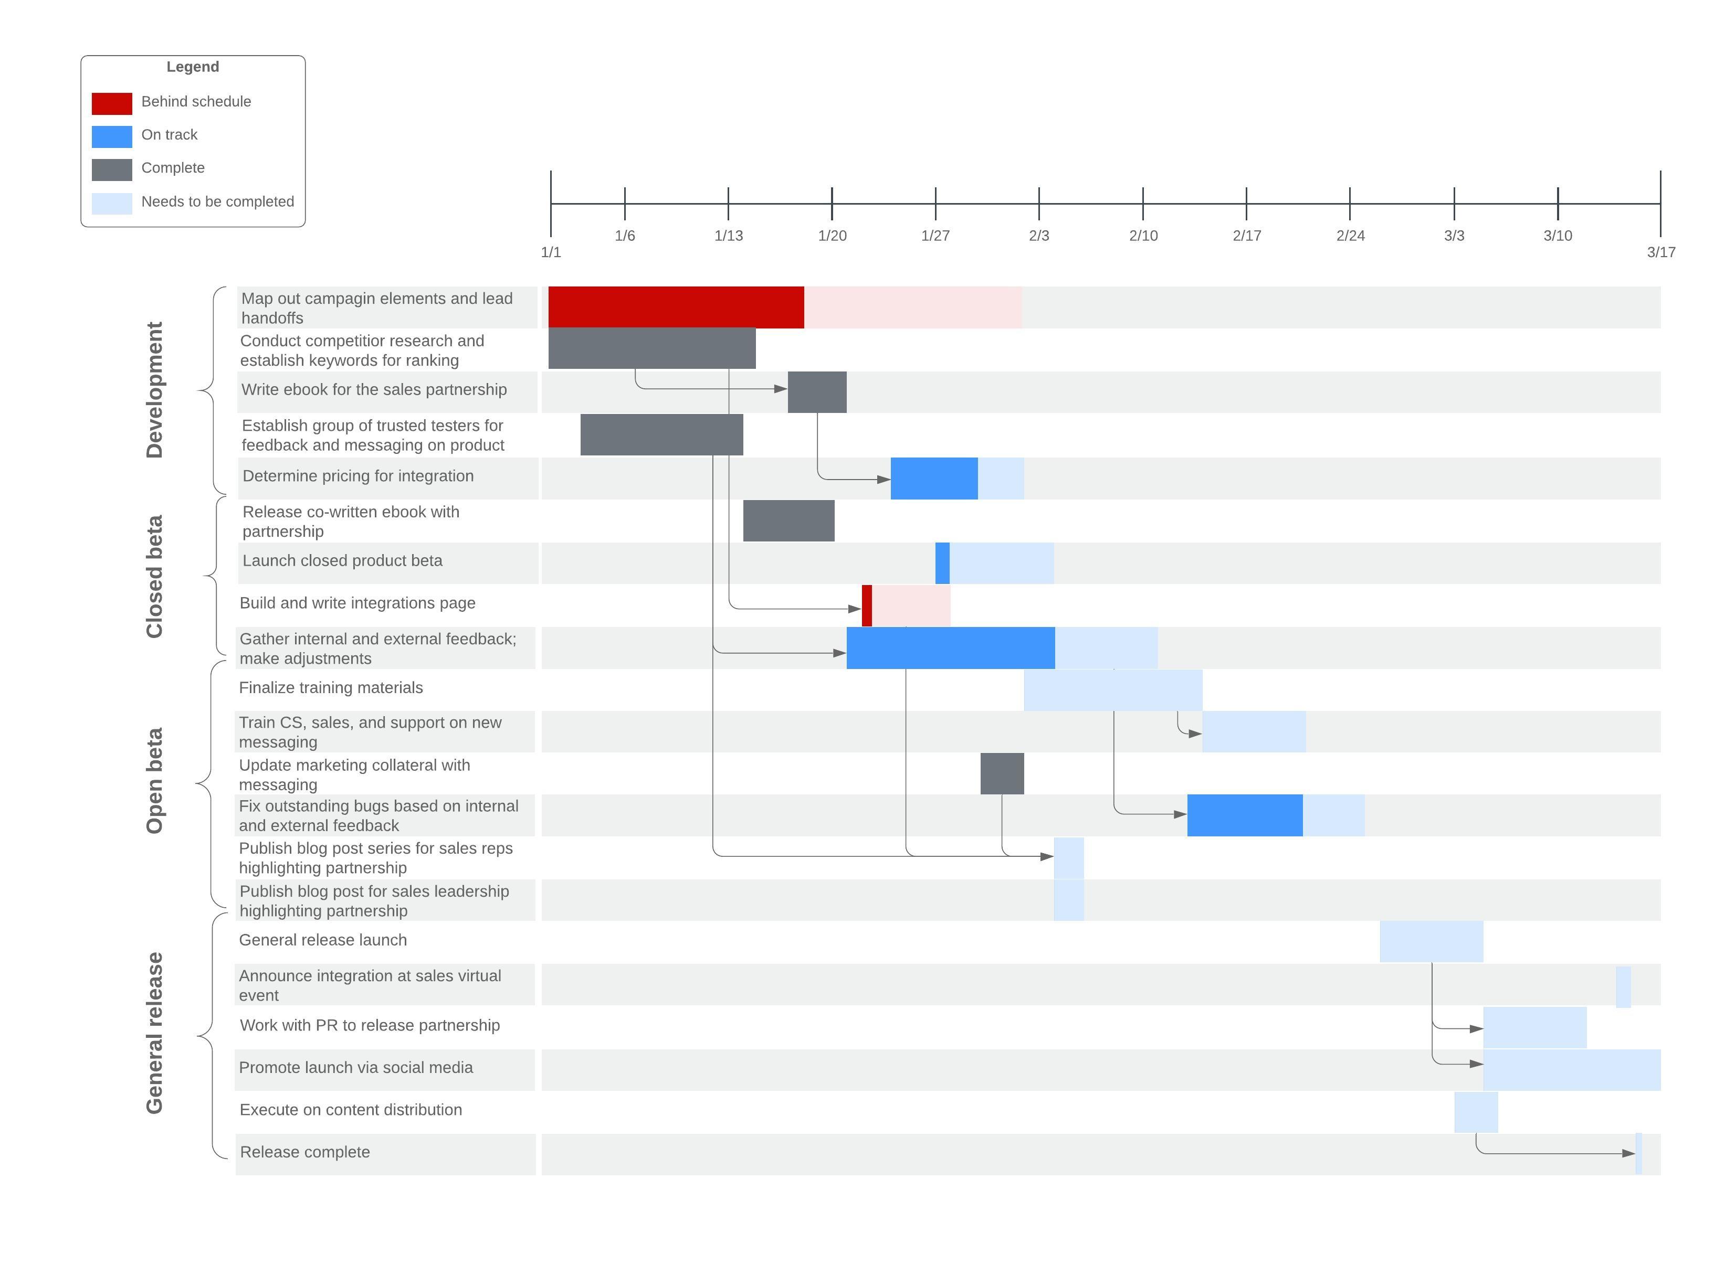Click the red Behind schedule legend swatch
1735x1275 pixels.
(x=111, y=103)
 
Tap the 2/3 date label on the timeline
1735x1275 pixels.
(x=1038, y=236)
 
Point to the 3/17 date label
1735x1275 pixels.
(x=1660, y=252)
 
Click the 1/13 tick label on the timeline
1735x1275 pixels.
(x=728, y=236)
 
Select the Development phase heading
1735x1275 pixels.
(x=154, y=390)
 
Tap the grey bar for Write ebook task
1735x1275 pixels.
(x=817, y=392)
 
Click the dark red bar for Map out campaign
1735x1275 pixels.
(x=676, y=307)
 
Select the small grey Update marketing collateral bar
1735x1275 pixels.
(x=1002, y=773)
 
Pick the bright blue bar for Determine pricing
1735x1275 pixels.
(x=933, y=479)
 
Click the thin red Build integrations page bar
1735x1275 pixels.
(x=866, y=606)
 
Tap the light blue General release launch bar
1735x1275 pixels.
(x=1431, y=942)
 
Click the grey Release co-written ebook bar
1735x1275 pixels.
(x=788, y=521)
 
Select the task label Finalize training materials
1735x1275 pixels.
(x=331, y=688)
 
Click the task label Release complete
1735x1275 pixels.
(x=304, y=1152)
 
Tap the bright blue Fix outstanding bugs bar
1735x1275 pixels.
(x=1244, y=815)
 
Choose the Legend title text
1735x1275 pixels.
(x=192, y=67)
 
